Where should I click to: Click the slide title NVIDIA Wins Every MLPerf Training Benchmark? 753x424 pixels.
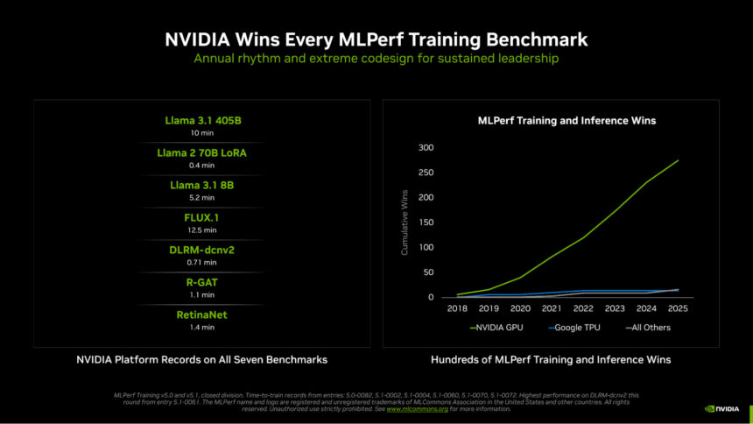[376, 40]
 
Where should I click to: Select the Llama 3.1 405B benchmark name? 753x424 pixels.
[202, 120]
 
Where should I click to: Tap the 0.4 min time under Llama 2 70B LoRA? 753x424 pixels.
[202, 165]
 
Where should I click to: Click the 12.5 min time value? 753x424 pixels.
[202, 230]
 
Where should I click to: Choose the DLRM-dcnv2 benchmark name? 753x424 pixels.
[202, 251]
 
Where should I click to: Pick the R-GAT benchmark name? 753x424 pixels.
[202, 283]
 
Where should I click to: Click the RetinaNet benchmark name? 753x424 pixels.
[202, 314]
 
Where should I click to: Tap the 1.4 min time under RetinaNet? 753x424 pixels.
[202, 327]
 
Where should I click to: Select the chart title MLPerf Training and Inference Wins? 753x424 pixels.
[566, 120]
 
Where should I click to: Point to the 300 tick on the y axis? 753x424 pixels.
[426, 147]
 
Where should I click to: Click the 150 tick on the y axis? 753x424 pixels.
[426, 223]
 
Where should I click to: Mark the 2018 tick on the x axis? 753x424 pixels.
[456, 309]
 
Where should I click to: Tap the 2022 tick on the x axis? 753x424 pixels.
[582, 309]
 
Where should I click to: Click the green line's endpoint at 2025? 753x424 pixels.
[678, 160]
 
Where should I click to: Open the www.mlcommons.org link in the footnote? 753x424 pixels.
[417, 408]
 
